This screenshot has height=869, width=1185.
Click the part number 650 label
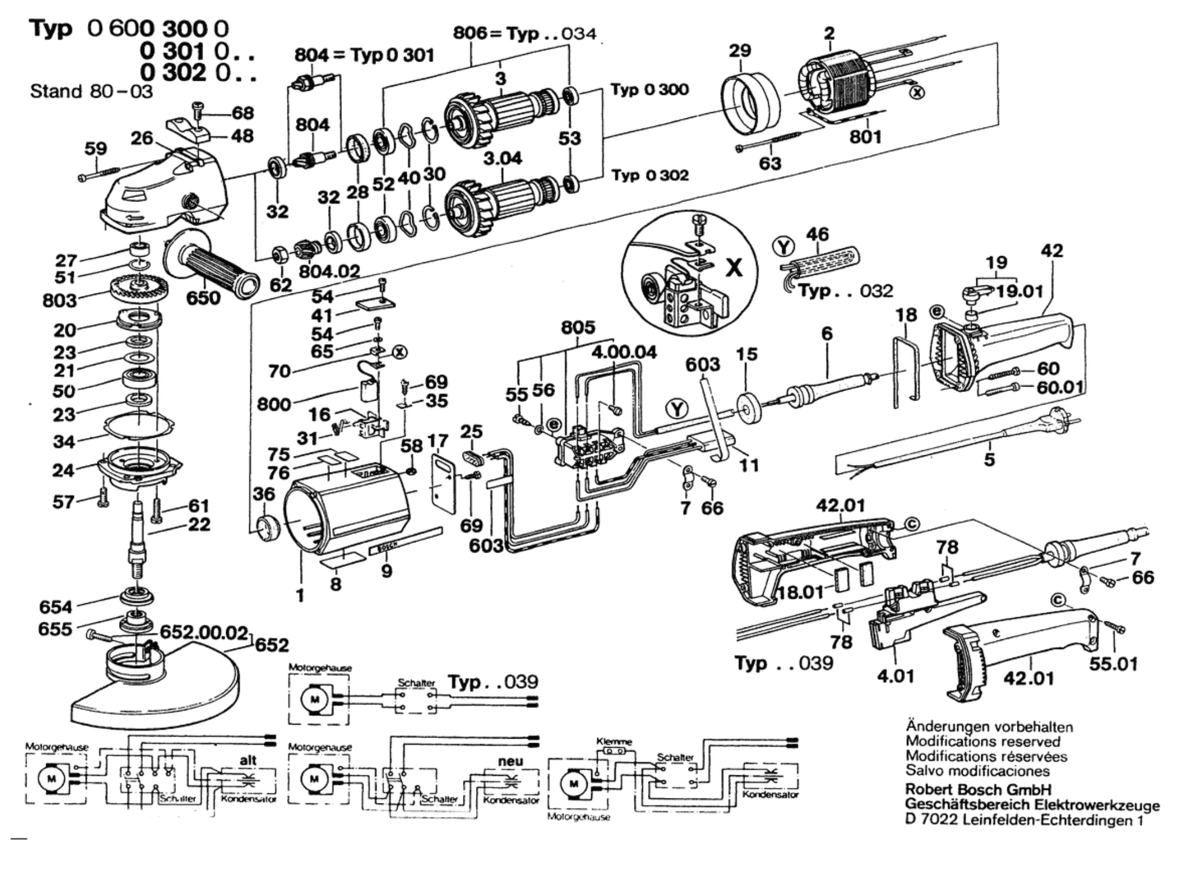pyautogui.click(x=203, y=297)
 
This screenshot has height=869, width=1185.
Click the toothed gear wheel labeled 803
pyautogui.click(x=137, y=289)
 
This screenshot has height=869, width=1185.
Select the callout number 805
pyautogui.click(x=578, y=328)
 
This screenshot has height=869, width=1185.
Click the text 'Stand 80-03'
pyautogui.click(x=91, y=91)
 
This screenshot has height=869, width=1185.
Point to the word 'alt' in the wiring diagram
pyautogui.click(x=248, y=760)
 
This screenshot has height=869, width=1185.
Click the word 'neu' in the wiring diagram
pyautogui.click(x=510, y=761)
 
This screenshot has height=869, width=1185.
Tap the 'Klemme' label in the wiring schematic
pyautogui.click(x=614, y=741)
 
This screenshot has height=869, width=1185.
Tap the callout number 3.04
pyautogui.click(x=503, y=159)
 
